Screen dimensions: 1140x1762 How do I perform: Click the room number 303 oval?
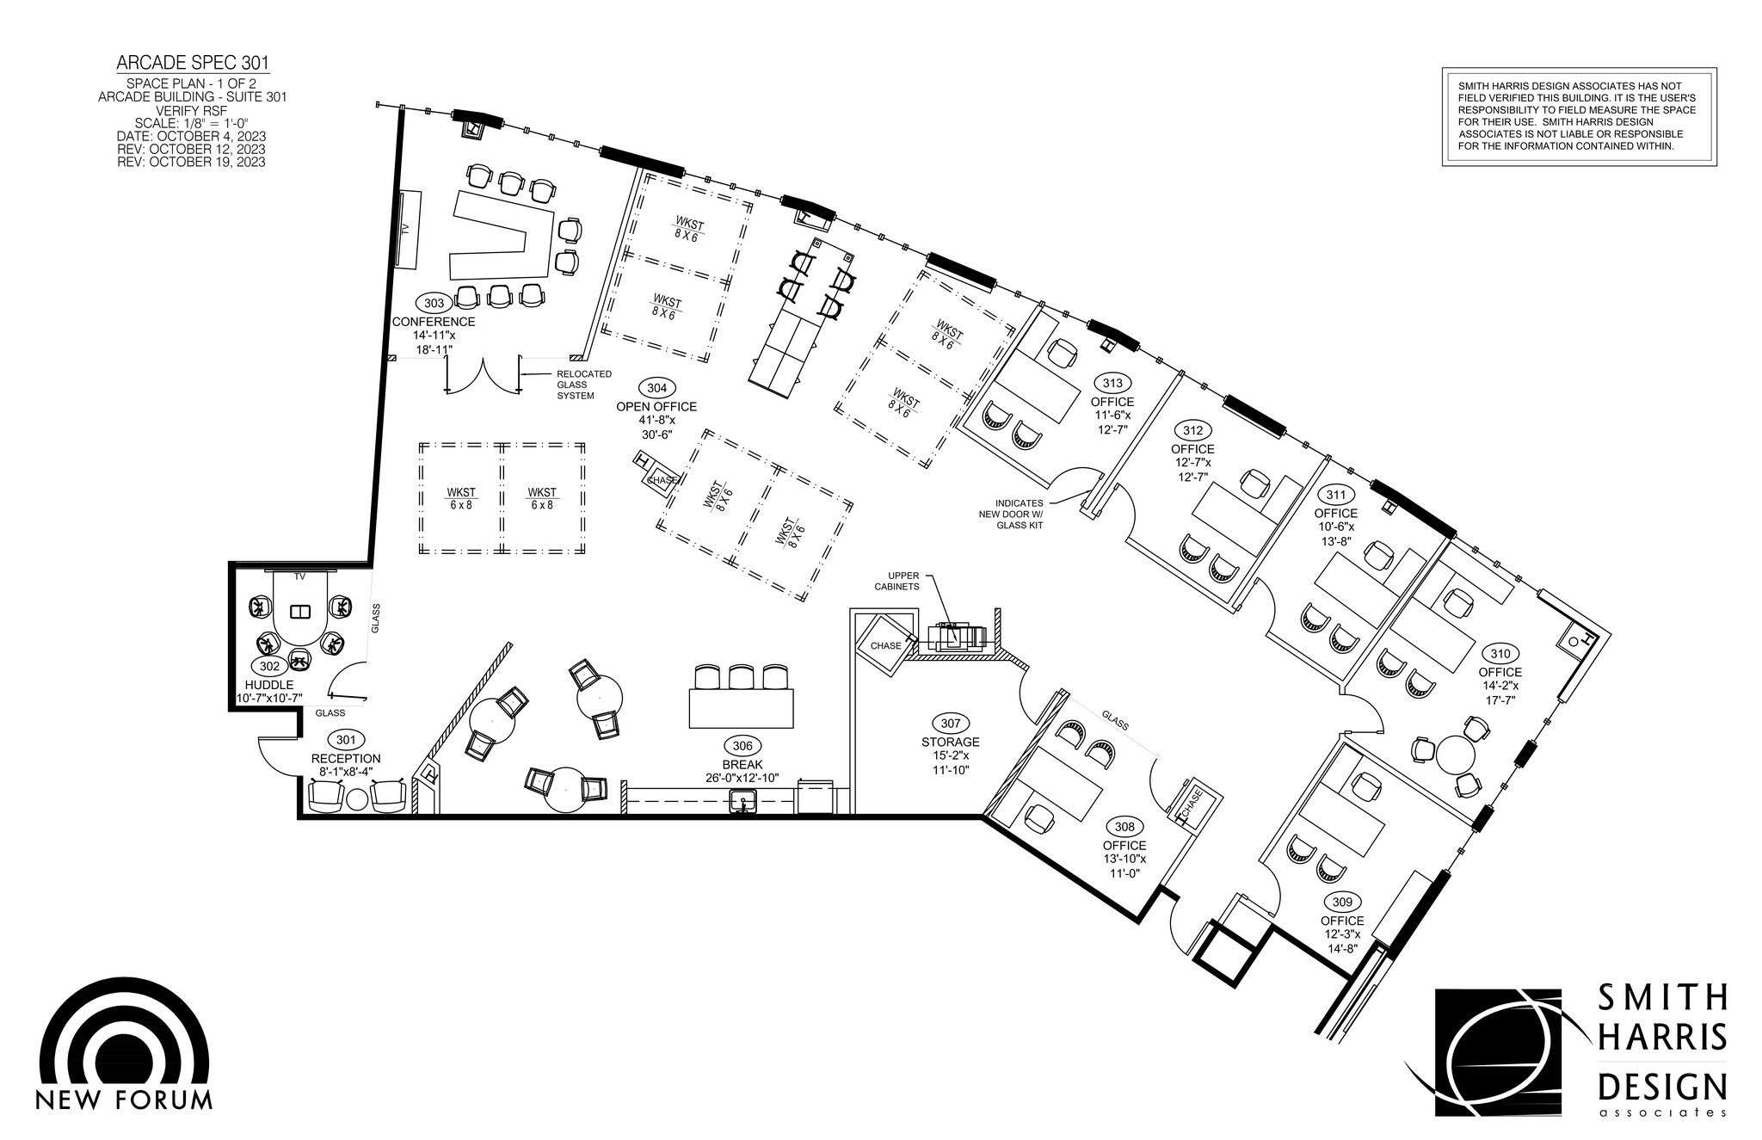[x=434, y=303]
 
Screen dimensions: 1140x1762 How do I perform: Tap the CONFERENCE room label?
[x=434, y=322]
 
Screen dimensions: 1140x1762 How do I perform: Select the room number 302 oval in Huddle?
[x=268, y=666]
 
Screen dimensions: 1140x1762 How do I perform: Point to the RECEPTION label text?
[x=346, y=759]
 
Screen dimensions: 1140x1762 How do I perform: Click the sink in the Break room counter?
[x=742, y=804]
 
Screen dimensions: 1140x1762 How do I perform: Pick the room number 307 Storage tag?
[x=950, y=724]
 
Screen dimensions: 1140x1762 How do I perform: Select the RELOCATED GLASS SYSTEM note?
[x=584, y=385]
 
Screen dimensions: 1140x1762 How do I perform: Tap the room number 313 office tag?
[x=1112, y=383]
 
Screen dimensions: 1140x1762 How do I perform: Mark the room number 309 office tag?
[x=1342, y=902]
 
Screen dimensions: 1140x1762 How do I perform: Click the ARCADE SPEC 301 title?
[x=193, y=63]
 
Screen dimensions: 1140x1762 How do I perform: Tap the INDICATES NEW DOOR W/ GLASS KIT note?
[x=1020, y=514]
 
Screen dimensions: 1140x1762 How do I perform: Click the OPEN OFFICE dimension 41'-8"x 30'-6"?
[x=656, y=428]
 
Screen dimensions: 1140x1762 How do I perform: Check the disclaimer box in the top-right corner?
[x=1579, y=117]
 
